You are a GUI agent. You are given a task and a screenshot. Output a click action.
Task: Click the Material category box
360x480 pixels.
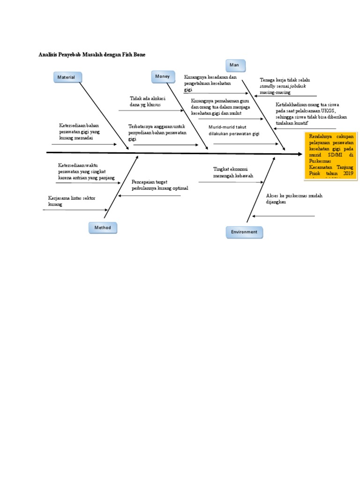pos(67,77)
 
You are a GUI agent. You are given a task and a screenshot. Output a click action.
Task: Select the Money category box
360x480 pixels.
pos(163,76)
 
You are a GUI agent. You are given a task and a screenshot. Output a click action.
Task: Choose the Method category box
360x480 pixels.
pos(103,228)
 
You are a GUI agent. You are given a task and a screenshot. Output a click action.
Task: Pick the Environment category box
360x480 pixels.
pos(244,232)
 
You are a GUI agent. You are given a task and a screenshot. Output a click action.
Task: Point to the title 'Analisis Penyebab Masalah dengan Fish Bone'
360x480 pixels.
pos(92,55)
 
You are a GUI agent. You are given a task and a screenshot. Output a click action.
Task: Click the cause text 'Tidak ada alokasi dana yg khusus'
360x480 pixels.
pos(148,101)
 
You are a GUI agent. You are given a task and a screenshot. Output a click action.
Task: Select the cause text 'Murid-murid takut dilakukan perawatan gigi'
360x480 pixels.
pos(234,130)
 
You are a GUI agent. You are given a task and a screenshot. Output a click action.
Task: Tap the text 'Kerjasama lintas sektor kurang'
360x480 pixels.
pos(72,201)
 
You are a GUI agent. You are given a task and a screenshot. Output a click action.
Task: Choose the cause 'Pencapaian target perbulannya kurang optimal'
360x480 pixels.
pos(160,185)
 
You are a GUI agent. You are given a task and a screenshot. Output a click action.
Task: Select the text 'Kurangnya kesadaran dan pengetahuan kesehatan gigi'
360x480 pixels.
pos(210,82)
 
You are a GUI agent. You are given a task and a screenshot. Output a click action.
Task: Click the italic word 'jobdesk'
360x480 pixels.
pos(298,87)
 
